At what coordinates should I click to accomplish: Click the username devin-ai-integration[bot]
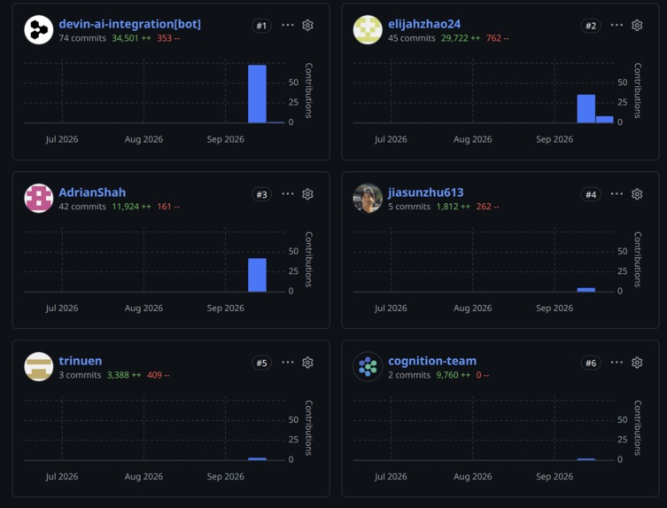tap(129, 24)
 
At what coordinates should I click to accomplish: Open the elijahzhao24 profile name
tap(424, 24)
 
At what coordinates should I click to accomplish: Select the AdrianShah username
tap(92, 192)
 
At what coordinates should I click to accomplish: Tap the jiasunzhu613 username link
tap(426, 192)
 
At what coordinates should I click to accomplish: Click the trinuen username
tap(81, 361)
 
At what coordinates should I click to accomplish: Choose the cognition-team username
tap(432, 361)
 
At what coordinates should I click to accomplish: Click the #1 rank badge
tap(261, 26)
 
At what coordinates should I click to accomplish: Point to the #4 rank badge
tap(591, 194)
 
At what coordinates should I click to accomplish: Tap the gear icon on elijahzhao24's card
tap(637, 25)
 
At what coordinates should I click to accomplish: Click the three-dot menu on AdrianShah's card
tap(288, 194)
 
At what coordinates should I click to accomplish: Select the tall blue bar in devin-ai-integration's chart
tap(258, 94)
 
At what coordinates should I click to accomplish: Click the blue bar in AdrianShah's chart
tap(258, 275)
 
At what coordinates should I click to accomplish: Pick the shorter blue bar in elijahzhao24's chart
tap(604, 120)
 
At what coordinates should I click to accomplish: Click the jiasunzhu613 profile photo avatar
tap(368, 198)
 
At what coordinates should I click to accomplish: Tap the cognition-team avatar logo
tap(368, 367)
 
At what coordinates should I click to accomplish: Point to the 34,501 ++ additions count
tap(131, 38)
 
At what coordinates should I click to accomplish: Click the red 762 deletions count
tap(497, 38)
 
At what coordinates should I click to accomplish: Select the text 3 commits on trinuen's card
tap(80, 375)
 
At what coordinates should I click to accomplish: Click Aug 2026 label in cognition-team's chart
tap(473, 476)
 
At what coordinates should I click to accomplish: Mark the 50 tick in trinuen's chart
tap(293, 419)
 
